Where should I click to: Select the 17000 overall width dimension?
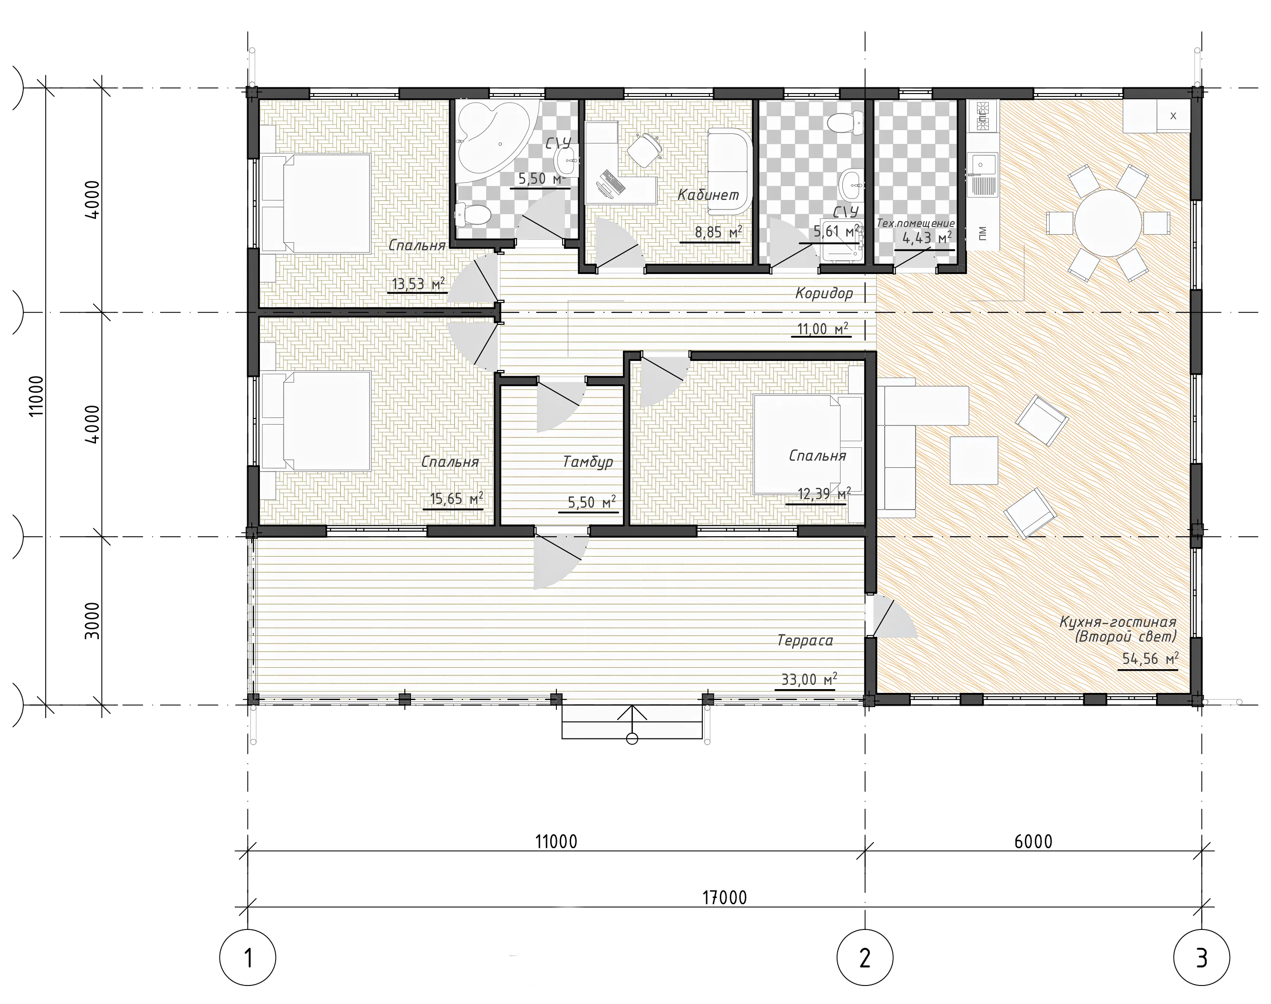(x=724, y=898)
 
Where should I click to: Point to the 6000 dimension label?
(x=1033, y=842)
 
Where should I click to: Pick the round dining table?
(x=1107, y=223)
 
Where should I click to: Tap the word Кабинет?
(x=708, y=195)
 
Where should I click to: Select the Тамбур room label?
(x=588, y=462)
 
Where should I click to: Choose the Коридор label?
(x=824, y=293)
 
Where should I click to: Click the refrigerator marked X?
(x=1174, y=116)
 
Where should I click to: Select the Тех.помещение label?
(x=915, y=223)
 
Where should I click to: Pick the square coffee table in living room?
(x=974, y=460)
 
